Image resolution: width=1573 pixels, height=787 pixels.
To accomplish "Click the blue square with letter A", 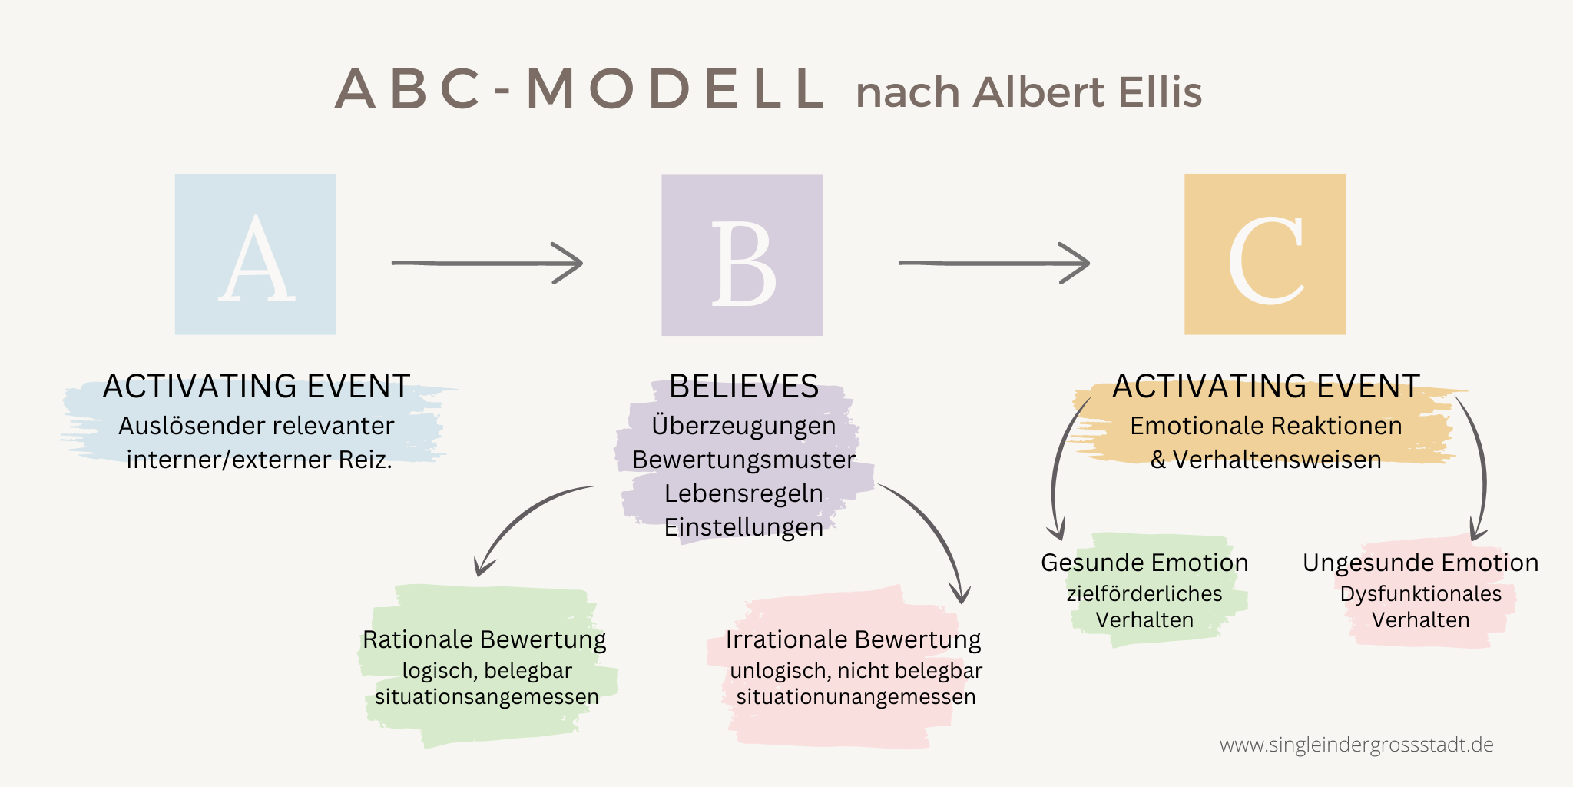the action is [255, 254].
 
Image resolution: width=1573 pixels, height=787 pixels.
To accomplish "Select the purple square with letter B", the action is [742, 255].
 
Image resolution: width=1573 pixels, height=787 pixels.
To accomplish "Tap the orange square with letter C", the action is [1265, 254].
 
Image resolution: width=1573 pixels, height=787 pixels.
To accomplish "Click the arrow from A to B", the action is [488, 263].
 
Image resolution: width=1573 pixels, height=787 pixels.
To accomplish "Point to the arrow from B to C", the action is [995, 263].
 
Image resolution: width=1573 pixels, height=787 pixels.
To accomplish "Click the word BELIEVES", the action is [743, 386].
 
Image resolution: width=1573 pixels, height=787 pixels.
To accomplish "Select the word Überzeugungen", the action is [743, 426].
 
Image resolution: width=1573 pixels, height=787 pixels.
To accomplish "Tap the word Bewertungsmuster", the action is [743, 460].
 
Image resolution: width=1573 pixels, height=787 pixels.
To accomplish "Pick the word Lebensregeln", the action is [743, 493].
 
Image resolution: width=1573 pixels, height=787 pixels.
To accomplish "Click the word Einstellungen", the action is [743, 527].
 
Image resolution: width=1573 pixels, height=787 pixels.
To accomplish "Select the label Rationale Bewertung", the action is [484, 639].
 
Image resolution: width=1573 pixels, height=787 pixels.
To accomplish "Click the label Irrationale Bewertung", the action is [853, 639].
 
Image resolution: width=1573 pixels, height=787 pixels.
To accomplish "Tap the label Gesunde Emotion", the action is [1144, 563].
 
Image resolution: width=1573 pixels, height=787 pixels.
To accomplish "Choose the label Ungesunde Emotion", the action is [1421, 563].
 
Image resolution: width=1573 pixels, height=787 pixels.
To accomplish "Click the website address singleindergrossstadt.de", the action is [1356, 745].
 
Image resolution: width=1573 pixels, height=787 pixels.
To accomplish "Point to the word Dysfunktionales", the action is [1421, 594].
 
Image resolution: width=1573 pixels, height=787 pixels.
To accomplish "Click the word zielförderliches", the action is [1144, 594].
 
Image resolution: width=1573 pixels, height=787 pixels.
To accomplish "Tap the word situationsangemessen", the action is [487, 697].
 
